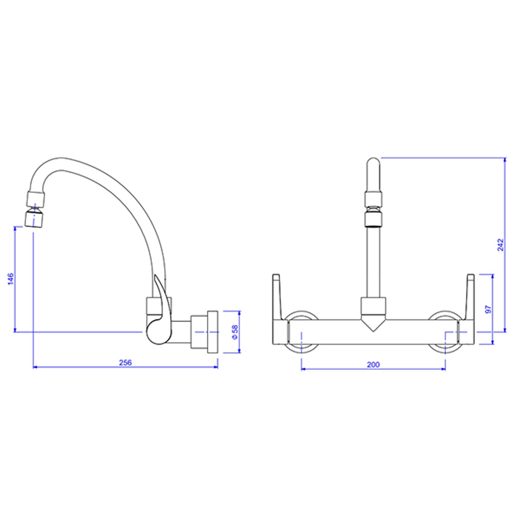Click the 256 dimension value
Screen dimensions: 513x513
tap(126, 362)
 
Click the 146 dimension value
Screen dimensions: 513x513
tap(10, 280)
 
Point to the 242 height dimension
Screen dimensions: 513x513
tap(501, 245)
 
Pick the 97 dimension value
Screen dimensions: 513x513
tap(488, 309)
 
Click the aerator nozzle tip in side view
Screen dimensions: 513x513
tap(35, 220)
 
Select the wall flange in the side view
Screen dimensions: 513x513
tap(212, 331)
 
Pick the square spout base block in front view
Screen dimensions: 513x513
tap(373, 307)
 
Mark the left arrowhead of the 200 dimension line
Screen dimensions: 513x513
tap(303, 369)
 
